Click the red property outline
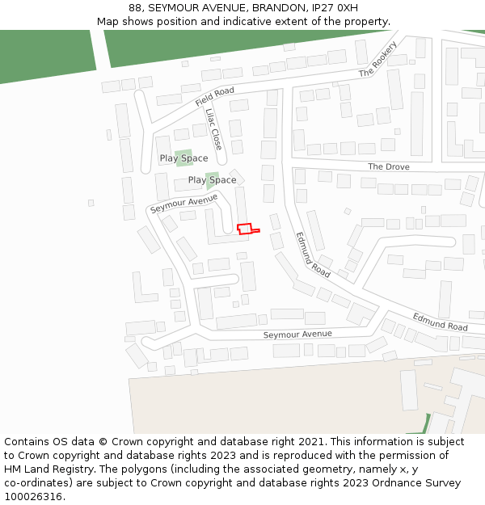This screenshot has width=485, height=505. point(245,229)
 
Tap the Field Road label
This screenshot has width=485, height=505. point(214,97)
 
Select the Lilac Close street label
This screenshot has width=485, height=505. point(213,129)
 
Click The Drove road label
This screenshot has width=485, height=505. point(389,166)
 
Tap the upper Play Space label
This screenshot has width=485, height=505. point(183,158)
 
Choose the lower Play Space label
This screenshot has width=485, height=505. point(212,180)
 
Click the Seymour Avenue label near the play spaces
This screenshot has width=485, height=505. point(183,203)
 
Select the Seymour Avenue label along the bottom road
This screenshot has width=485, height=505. point(297,335)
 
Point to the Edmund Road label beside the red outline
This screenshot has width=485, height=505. point(313,255)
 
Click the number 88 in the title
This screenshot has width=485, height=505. point(135,7)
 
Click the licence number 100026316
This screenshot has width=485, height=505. point(34,496)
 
